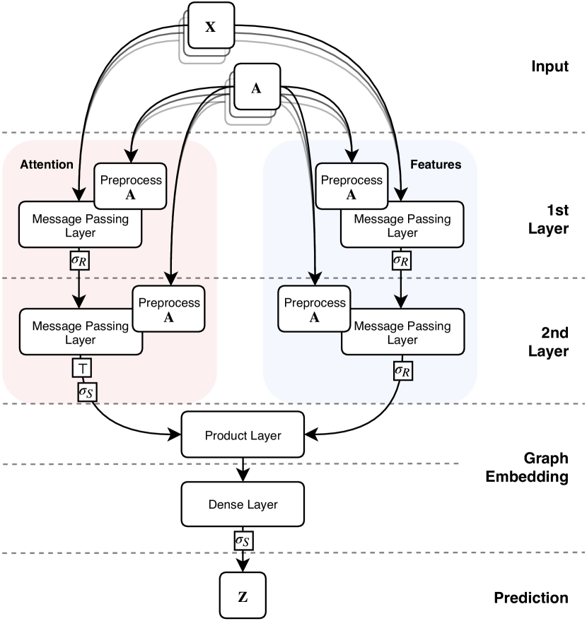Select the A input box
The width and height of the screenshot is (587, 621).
pyautogui.click(x=257, y=88)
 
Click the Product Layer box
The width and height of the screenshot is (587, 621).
pyautogui.click(x=243, y=435)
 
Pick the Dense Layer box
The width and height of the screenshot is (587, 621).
pyautogui.click(x=243, y=504)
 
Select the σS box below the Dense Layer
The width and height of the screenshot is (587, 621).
pyautogui.click(x=243, y=540)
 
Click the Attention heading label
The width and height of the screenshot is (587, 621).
pyautogui.click(x=47, y=165)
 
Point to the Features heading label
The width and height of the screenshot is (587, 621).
pyautogui.click(x=436, y=165)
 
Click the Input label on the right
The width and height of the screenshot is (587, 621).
pyautogui.click(x=550, y=67)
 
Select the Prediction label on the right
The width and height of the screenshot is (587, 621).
pyautogui.click(x=530, y=598)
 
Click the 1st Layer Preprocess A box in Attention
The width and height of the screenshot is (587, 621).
pyautogui.click(x=131, y=187)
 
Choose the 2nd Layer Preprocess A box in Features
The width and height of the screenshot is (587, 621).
pyautogui.click(x=315, y=309)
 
